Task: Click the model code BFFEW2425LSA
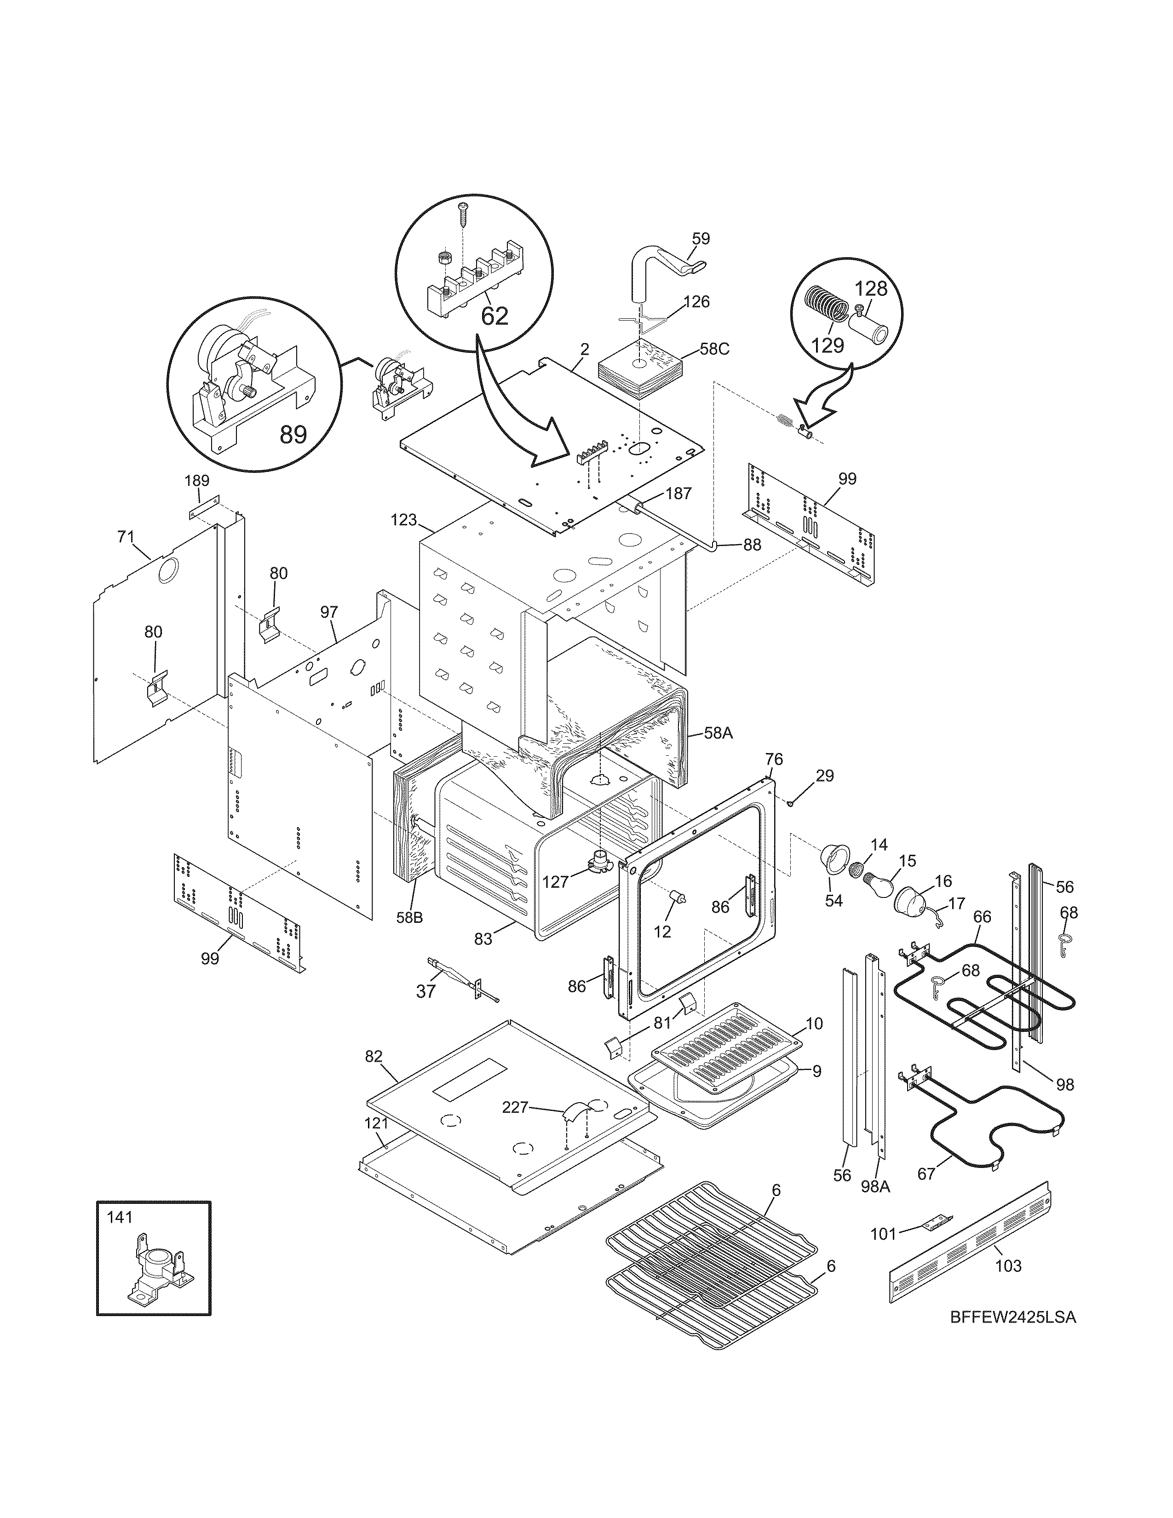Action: click(1012, 1337)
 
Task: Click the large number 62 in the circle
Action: click(494, 316)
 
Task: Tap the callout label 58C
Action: click(714, 349)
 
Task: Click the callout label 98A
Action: click(875, 1186)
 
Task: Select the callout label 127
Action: click(555, 882)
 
